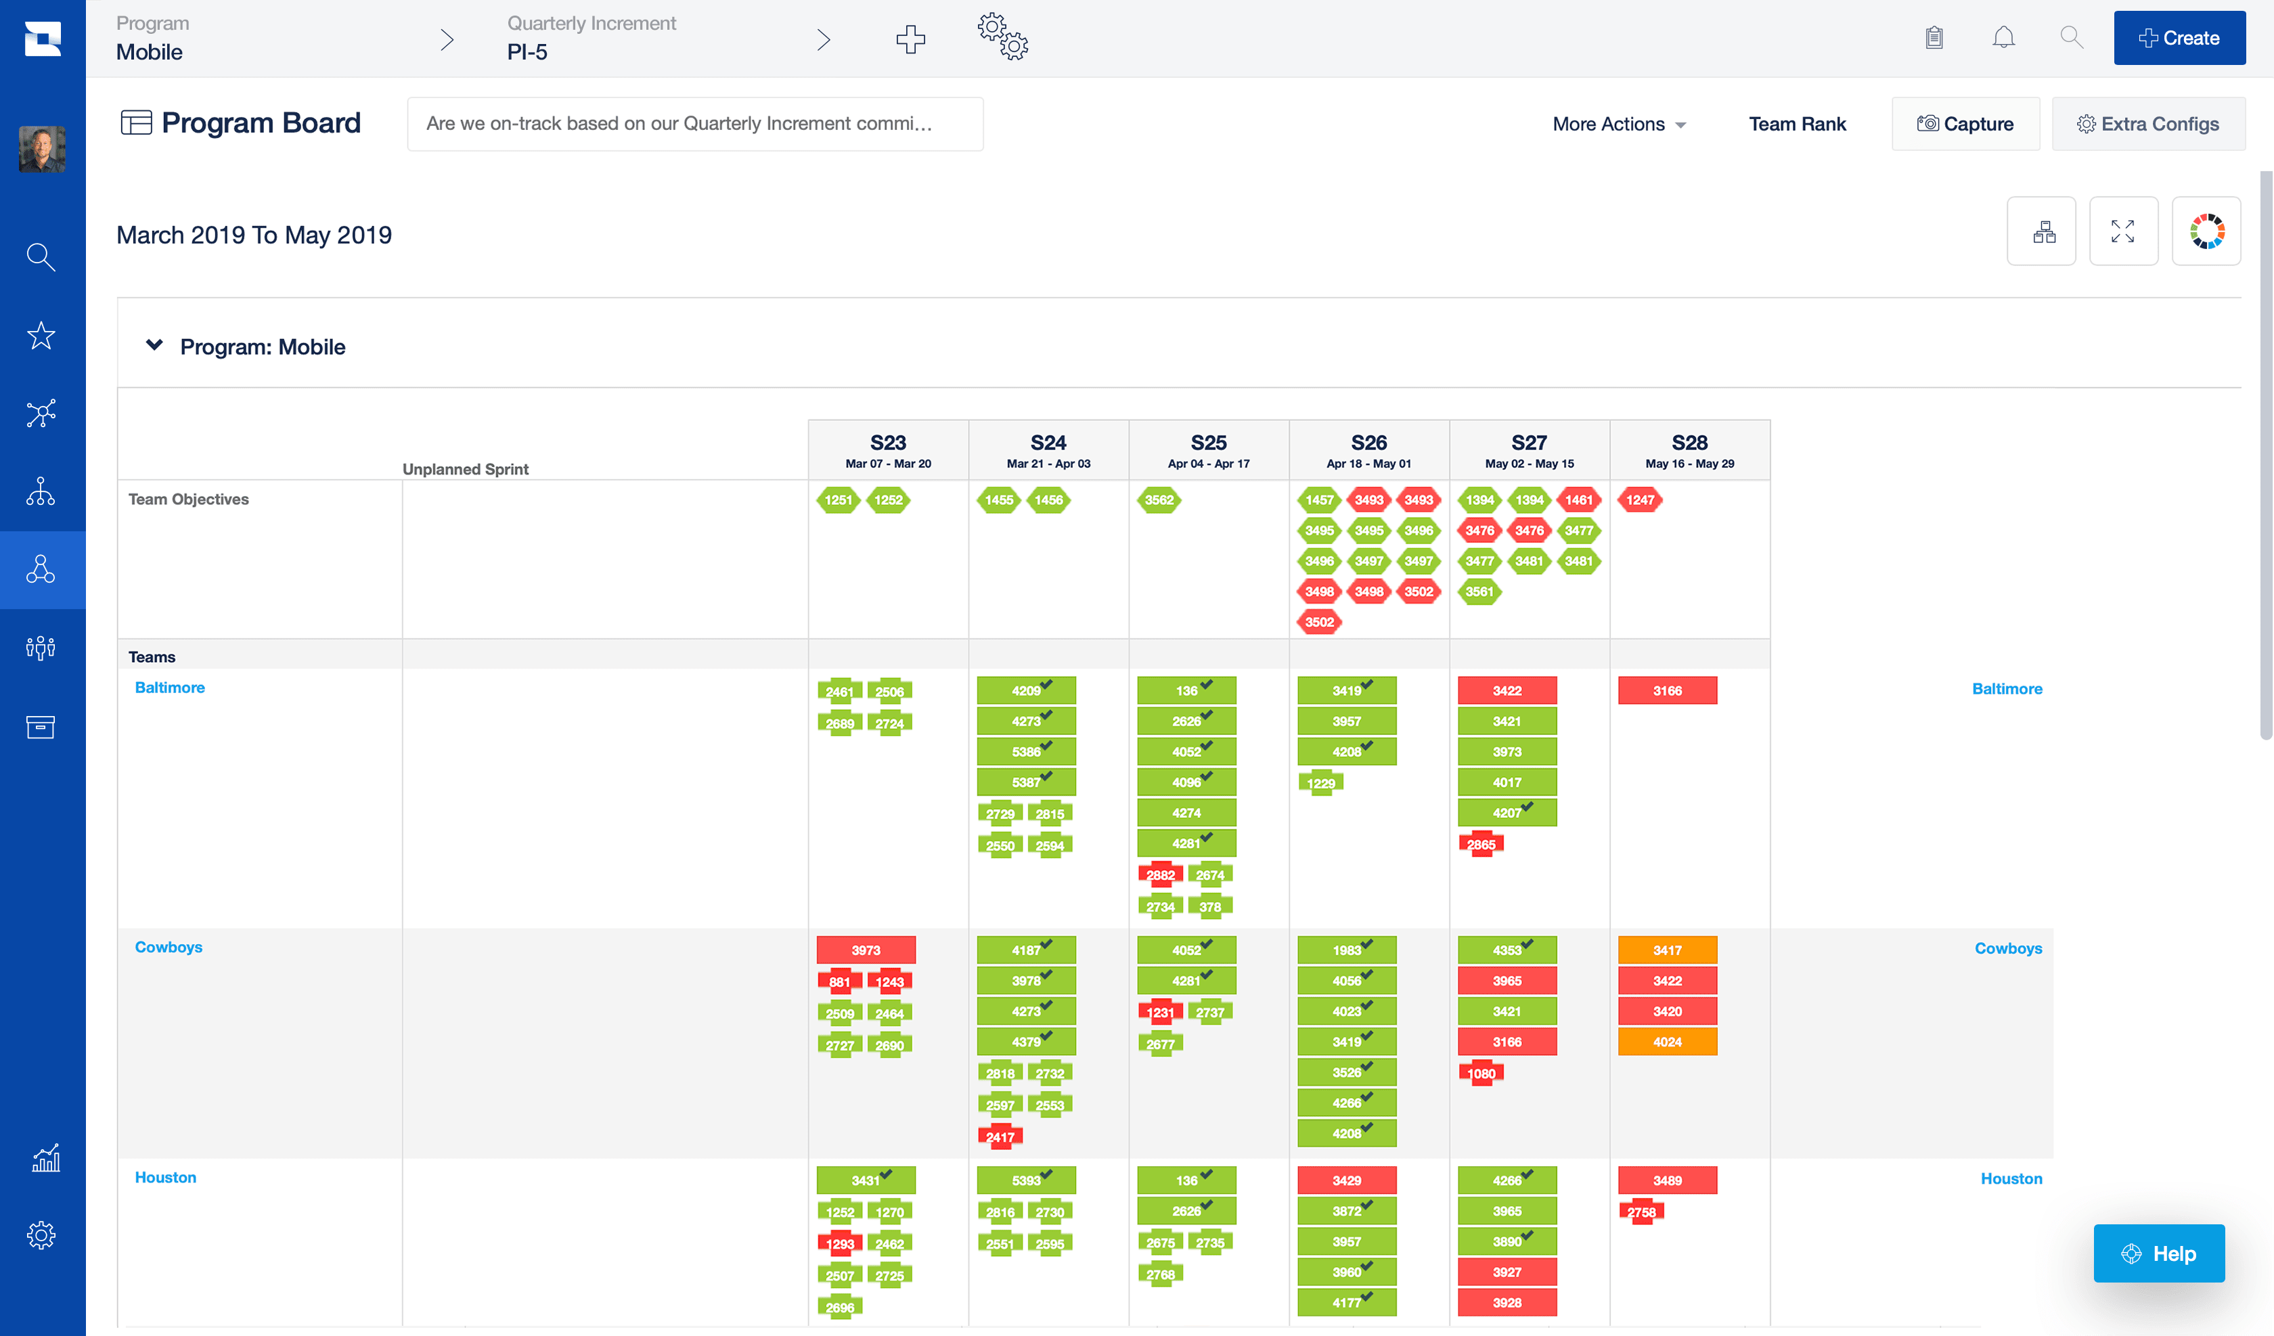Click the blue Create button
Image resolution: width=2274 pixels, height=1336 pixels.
click(x=2179, y=38)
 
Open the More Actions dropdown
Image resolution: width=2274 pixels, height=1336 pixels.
click(x=1619, y=124)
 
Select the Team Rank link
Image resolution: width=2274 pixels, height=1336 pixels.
click(x=1797, y=124)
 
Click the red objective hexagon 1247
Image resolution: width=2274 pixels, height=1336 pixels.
click(x=1640, y=500)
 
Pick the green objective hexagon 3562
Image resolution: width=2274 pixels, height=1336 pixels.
click(x=1159, y=500)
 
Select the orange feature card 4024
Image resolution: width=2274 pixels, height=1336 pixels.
click(x=1667, y=1042)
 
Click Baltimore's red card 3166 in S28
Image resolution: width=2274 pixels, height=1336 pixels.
click(x=1667, y=690)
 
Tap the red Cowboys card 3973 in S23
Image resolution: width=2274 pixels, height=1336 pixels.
click(x=866, y=950)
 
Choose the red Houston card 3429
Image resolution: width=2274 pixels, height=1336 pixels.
click(x=1346, y=1180)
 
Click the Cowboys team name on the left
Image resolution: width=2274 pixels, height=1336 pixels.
click(x=169, y=947)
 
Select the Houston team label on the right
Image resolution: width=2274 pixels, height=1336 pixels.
click(x=2011, y=1178)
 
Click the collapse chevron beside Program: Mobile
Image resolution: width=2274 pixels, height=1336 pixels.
click(x=154, y=346)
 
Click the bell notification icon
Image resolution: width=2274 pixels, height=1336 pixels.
click(x=2003, y=38)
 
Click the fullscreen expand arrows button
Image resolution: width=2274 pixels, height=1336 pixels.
click(x=2122, y=231)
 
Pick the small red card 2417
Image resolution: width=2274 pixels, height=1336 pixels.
click(x=1000, y=1136)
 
